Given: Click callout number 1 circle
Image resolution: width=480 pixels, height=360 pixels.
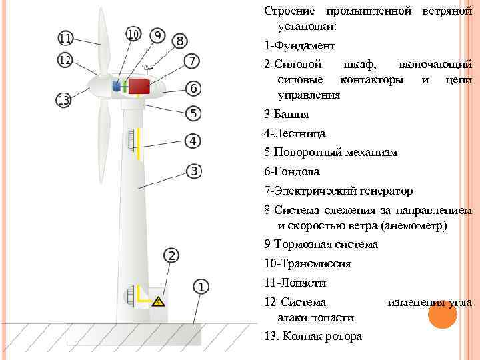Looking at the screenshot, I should (201, 287).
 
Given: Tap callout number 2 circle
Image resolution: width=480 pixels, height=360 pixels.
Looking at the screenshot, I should (171, 255).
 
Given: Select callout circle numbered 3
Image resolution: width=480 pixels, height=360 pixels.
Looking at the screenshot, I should (193, 171).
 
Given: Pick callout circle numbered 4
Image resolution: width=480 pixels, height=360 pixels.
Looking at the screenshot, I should (193, 141).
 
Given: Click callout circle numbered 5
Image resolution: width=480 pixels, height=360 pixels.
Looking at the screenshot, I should (193, 113).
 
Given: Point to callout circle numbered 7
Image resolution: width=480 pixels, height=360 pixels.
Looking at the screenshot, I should (191, 61).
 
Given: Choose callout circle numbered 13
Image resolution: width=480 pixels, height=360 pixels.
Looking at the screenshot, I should (63, 101).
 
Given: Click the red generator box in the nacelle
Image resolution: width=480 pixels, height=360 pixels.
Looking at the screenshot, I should (139, 86).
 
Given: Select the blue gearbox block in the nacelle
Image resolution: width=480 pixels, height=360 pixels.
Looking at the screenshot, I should (117, 86).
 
